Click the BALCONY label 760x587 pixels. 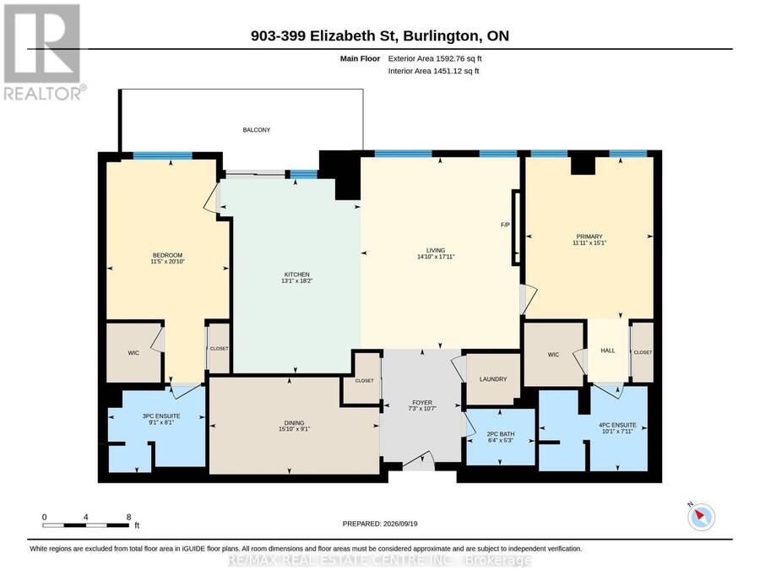(257, 130)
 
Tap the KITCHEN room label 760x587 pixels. (296, 274)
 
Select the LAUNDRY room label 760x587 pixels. (493, 379)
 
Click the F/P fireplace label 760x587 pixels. (505, 225)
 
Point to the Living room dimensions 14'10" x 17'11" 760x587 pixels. (436, 257)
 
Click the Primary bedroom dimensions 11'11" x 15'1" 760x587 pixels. (589, 243)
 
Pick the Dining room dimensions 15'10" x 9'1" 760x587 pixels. (294, 429)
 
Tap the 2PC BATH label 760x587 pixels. (501, 434)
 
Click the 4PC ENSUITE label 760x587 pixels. (617, 425)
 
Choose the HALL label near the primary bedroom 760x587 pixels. (608, 351)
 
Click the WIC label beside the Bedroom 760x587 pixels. (133, 353)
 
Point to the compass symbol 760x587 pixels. (701, 517)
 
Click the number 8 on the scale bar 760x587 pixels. (128, 517)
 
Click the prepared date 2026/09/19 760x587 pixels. (400, 524)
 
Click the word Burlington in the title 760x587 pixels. (441, 35)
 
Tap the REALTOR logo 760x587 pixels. (44, 52)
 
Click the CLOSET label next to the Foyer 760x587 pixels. (365, 381)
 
